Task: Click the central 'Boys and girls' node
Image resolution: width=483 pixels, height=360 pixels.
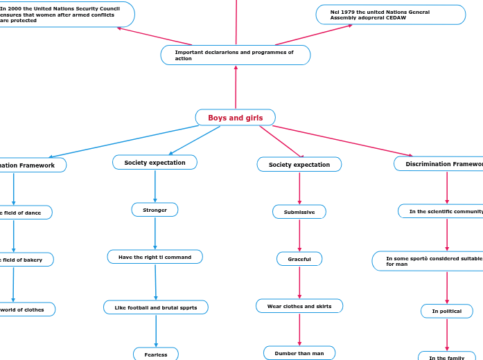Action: pos(235,118)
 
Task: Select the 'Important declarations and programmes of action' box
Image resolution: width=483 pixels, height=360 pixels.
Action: pos(235,55)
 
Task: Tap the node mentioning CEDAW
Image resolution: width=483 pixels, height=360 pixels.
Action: pos(390,15)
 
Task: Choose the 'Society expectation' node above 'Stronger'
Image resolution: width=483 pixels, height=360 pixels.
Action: pos(155,163)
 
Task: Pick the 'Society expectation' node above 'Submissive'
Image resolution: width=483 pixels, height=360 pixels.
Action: pos(299,165)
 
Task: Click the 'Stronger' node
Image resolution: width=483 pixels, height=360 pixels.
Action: pos(155,210)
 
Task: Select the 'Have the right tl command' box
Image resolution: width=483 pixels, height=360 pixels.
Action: pos(155,257)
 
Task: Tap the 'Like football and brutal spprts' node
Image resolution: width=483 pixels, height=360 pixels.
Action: pos(155,307)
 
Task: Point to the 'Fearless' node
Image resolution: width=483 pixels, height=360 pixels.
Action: pos(155,354)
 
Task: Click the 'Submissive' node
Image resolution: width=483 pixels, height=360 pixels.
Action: pos(299,212)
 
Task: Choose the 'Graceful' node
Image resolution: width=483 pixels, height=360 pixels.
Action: pos(299,259)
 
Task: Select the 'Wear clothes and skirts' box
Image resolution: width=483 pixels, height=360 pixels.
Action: pos(299,306)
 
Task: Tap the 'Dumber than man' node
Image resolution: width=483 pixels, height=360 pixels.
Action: pos(299,353)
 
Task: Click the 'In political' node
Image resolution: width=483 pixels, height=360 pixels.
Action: pos(446,312)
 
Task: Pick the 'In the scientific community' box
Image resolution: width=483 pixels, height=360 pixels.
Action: pos(444,211)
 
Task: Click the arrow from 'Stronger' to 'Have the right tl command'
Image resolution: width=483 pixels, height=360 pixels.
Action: pos(155,233)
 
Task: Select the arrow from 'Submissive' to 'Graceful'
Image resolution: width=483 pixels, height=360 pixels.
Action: pos(299,235)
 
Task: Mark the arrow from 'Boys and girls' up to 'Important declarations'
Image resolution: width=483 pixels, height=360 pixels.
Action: pos(236,87)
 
